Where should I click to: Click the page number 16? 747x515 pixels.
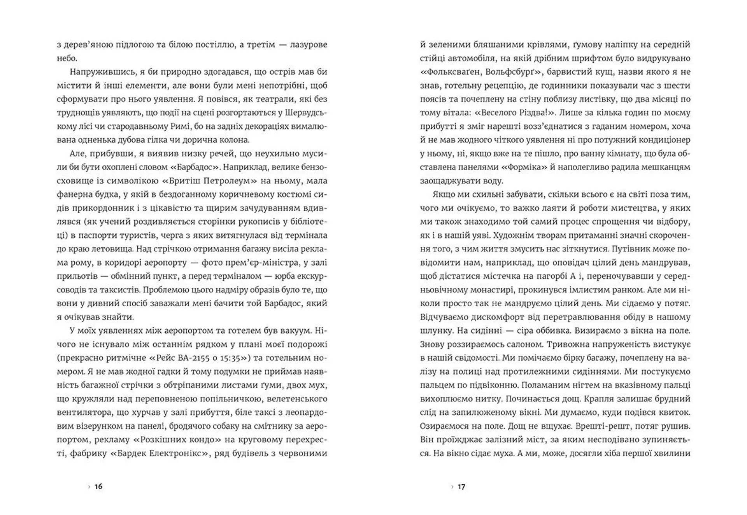point(98,487)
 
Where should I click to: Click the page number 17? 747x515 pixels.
point(461,487)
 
